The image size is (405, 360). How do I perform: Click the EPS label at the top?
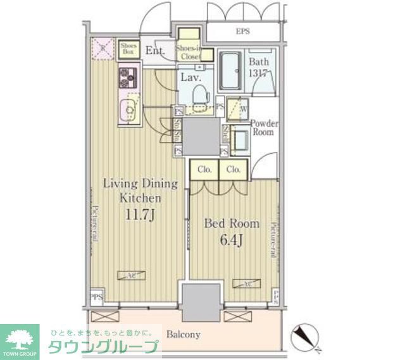point(243,30)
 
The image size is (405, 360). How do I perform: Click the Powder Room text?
point(263,128)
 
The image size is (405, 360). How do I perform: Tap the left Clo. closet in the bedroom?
point(204,170)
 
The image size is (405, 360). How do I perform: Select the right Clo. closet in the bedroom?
point(233,170)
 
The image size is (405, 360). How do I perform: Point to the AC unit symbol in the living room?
point(131,275)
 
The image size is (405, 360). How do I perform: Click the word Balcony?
point(184,335)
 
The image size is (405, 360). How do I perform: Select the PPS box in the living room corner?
point(96,295)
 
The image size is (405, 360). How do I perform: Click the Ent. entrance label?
point(154,51)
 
